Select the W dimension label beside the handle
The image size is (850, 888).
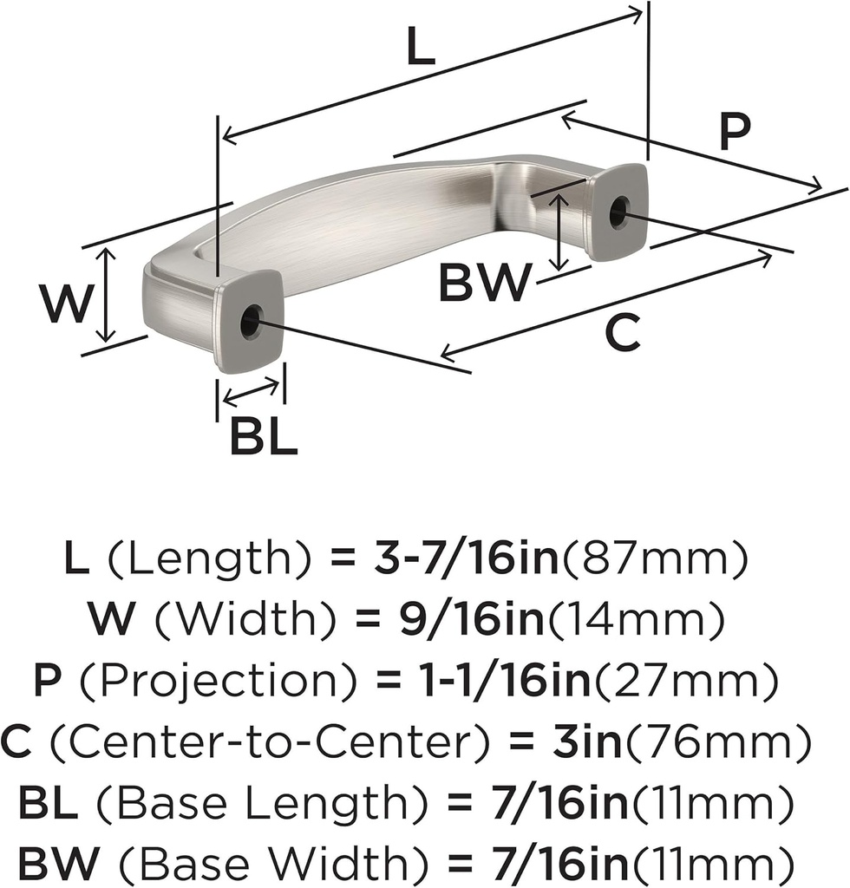coord(66,304)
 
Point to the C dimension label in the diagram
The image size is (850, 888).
coord(622,334)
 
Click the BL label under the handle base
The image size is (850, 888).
coord(264,438)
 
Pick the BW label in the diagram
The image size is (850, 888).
coord(484,284)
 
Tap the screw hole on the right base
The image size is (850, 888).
coord(618,212)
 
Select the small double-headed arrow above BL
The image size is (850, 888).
coord(251,392)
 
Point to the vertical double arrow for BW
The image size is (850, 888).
coord(561,231)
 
